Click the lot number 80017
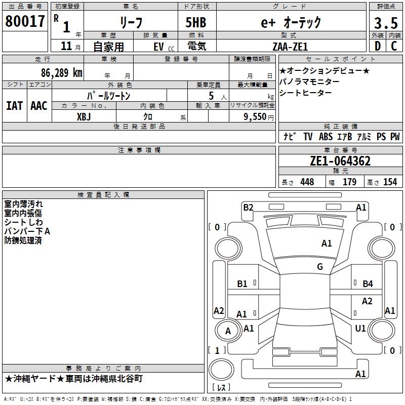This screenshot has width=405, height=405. tap(25, 21)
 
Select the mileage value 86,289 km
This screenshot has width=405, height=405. tap(62, 73)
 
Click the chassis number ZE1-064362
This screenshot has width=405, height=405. tap(340, 161)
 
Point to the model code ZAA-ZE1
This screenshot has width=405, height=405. tap(289, 46)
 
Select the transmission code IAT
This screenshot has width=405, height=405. tap(14, 105)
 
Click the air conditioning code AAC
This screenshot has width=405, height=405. tap(38, 105)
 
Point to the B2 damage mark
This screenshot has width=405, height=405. tap(248, 207)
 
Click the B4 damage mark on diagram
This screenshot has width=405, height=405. tap(368, 284)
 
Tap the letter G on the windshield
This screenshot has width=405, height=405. tap(320, 267)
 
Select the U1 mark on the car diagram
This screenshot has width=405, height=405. tap(360, 329)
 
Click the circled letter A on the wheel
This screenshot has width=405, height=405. tap(228, 331)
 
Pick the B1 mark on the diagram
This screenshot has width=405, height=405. tap(242, 284)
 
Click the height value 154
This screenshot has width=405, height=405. tap(390, 182)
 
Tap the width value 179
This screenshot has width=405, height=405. tap(349, 182)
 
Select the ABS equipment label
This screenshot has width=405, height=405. tap(325, 137)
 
